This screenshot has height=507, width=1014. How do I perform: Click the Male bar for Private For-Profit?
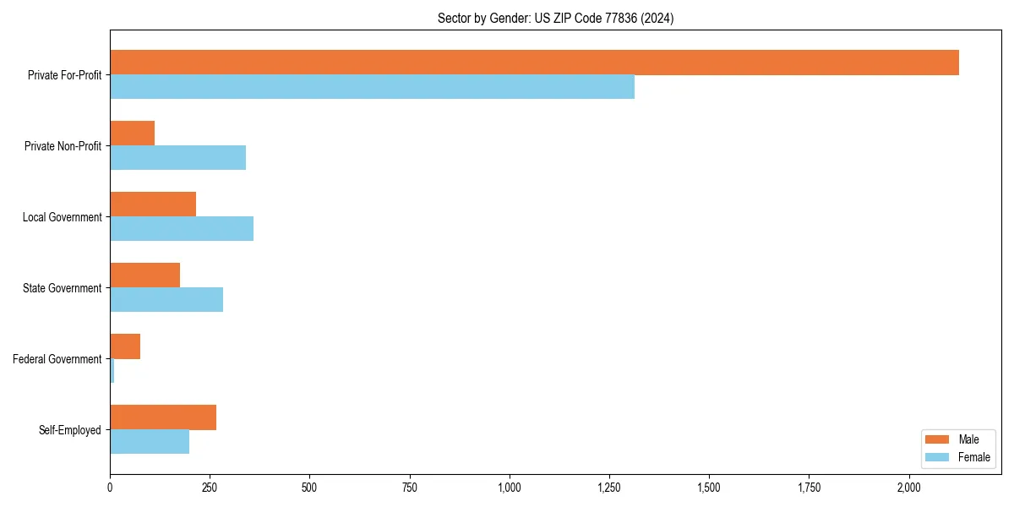(x=534, y=63)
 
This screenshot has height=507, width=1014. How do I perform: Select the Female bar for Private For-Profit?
(x=372, y=87)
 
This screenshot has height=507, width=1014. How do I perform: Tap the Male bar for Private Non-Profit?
(x=132, y=134)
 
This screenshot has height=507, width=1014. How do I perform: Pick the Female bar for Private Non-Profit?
(x=177, y=158)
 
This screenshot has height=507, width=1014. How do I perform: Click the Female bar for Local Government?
(x=182, y=229)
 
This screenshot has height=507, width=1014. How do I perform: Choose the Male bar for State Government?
(x=144, y=275)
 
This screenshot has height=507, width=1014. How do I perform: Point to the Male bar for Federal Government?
(x=125, y=346)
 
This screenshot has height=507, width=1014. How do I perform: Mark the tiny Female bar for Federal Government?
(x=112, y=371)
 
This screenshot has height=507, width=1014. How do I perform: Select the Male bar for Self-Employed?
(x=163, y=417)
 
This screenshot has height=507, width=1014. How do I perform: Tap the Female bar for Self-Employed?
(x=150, y=442)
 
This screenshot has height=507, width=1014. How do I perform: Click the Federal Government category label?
(x=57, y=359)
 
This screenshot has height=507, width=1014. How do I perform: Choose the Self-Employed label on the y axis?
(x=70, y=430)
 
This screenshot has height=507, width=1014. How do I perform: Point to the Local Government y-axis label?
(x=63, y=217)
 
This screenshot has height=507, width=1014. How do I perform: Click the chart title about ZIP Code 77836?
(x=555, y=18)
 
